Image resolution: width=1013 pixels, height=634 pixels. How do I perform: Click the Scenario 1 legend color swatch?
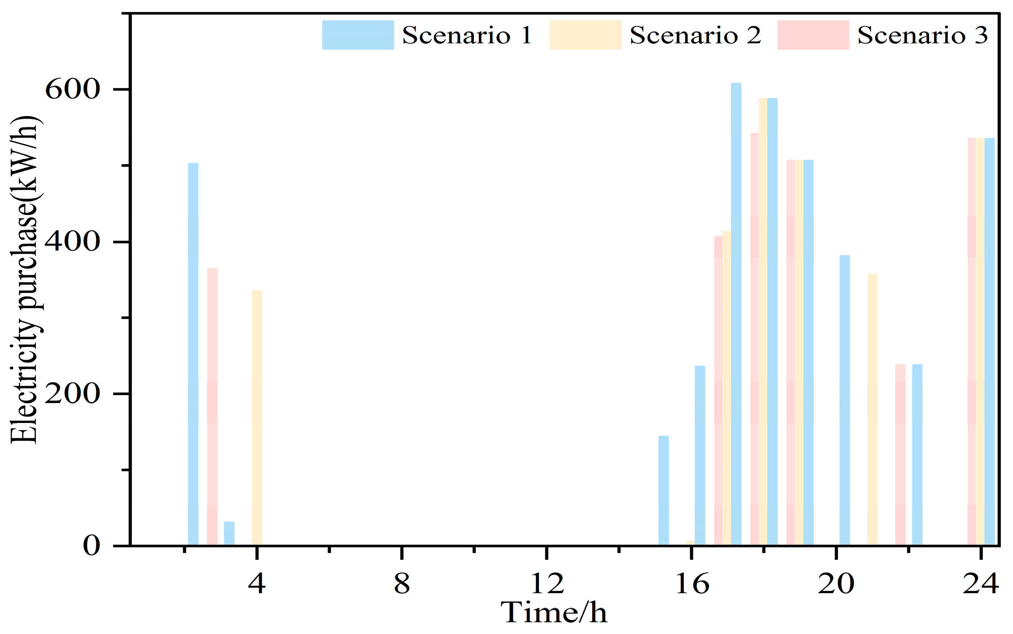click(x=358, y=35)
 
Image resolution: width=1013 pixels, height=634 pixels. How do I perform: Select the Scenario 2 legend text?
click(x=695, y=35)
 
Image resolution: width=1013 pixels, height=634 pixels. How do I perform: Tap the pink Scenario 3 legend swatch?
click(x=813, y=35)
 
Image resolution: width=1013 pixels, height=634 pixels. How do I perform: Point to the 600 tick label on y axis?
click(x=72, y=90)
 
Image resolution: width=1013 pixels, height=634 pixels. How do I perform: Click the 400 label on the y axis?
click(x=72, y=242)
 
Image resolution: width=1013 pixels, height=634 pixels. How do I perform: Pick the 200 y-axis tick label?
click(x=72, y=394)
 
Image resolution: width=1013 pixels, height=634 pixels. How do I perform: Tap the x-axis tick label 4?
click(x=257, y=584)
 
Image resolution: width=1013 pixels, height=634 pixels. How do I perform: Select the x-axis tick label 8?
click(x=402, y=584)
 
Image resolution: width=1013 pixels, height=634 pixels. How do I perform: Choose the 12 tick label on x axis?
click(x=547, y=584)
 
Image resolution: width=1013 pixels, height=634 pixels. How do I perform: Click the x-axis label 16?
click(x=692, y=584)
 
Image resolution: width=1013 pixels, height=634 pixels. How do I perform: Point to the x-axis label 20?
click(x=836, y=584)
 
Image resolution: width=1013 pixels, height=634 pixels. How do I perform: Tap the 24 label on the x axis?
click(x=981, y=584)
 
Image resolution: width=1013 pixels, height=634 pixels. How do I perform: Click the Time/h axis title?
click(x=554, y=613)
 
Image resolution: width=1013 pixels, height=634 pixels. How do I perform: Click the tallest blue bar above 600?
click(x=736, y=315)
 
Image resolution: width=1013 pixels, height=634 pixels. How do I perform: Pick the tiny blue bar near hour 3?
click(x=229, y=534)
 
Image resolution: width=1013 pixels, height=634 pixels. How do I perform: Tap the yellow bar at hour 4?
click(x=257, y=418)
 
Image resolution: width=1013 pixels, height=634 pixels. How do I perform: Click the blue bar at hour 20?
click(x=844, y=400)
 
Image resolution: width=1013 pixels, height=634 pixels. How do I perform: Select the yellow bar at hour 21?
click(x=872, y=409)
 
